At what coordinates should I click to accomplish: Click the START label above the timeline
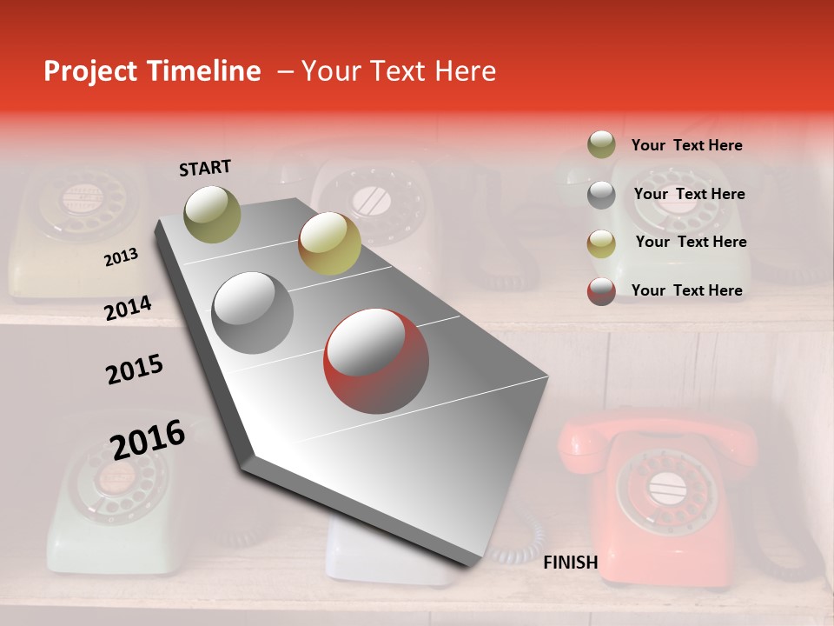(x=205, y=168)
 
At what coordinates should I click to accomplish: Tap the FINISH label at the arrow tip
(x=571, y=563)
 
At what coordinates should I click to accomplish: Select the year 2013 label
(x=121, y=257)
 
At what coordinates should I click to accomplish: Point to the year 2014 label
(x=128, y=309)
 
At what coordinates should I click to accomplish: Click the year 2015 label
(x=135, y=370)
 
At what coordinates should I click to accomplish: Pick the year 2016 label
(x=148, y=439)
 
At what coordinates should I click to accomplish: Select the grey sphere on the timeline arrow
(x=253, y=312)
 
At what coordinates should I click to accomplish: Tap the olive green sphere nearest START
(x=212, y=214)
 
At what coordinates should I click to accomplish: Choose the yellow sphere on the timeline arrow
(x=329, y=243)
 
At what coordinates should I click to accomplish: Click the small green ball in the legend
(x=601, y=144)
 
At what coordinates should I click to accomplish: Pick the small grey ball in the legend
(x=601, y=195)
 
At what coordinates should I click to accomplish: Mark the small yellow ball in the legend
(x=601, y=243)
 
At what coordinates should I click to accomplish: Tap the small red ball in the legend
(x=601, y=291)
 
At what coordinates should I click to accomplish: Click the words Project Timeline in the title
(x=152, y=71)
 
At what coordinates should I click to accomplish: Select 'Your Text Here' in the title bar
(x=399, y=71)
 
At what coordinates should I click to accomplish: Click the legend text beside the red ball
(x=687, y=290)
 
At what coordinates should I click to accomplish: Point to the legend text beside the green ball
(x=687, y=145)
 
